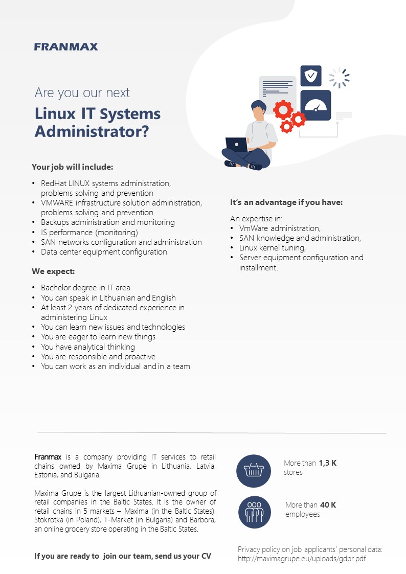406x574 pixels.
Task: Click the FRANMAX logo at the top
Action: [x=66, y=47]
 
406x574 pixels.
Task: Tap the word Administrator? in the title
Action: [x=92, y=131]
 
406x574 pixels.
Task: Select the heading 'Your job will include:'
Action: [x=73, y=167]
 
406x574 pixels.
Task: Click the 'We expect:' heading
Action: [x=53, y=271]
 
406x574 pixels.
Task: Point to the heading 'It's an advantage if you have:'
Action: [x=286, y=202]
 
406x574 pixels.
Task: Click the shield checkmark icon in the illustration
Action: [x=311, y=76]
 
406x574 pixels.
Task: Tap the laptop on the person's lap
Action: [x=237, y=145]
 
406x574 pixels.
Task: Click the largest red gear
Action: [x=283, y=109]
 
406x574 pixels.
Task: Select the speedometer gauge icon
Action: [x=315, y=105]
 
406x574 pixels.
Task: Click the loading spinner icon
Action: [x=339, y=78]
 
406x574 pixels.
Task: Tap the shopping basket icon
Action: [x=254, y=471]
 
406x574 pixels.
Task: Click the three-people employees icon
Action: [x=255, y=512]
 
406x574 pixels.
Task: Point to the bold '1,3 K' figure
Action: [x=328, y=463]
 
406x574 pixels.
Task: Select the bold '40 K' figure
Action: [x=328, y=505]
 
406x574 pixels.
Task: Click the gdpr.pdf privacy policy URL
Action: [x=302, y=559]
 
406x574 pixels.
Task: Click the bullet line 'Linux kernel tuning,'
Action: [x=273, y=248]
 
